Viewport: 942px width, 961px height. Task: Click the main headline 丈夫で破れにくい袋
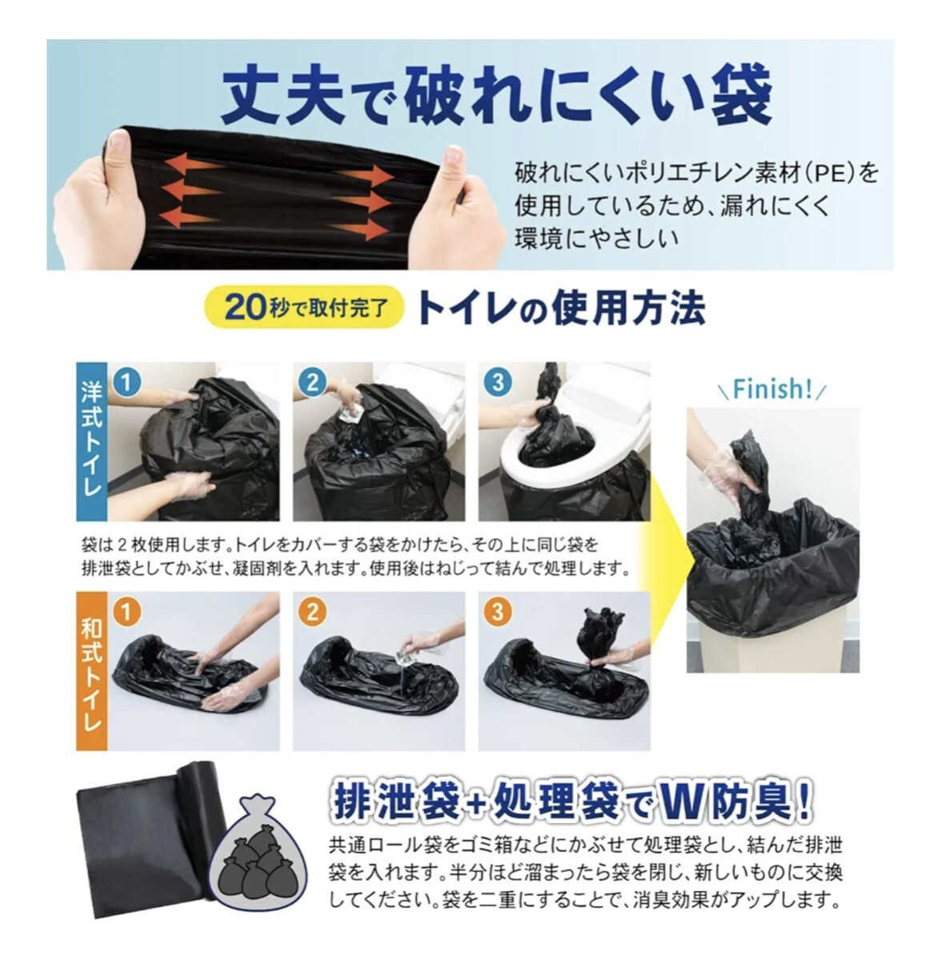pyautogui.click(x=495, y=94)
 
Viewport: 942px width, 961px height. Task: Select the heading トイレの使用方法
pyautogui.click(x=561, y=308)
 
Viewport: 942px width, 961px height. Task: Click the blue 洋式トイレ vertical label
pyautogui.click(x=91, y=441)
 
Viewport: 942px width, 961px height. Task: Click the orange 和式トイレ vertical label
pyautogui.click(x=91, y=670)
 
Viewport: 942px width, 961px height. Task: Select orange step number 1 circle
pyautogui.click(x=126, y=613)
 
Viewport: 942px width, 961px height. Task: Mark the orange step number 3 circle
pyautogui.click(x=498, y=613)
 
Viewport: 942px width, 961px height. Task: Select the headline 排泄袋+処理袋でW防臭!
pyautogui.click(x=571, y=802)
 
